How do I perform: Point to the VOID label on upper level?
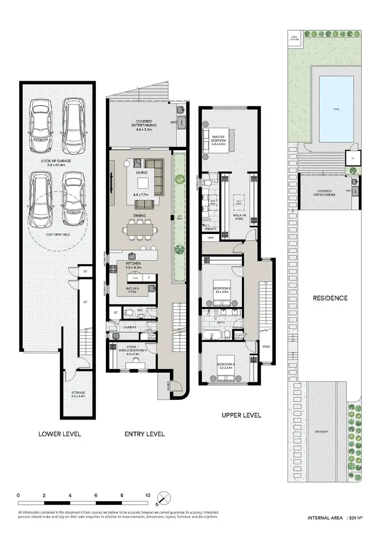tap(266, 346)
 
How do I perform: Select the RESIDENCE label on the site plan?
tap(330, 298)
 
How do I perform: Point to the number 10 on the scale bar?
tap(148, 496)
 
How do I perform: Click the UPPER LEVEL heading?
tap(241, 415)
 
